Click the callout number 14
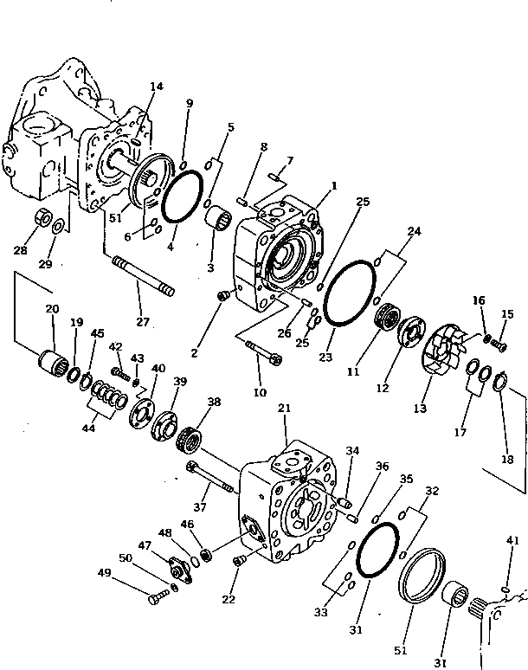[156, 87]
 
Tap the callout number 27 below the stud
[142, 322]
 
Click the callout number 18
[507, 460]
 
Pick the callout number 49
[103, 573]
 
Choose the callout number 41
[512, 542]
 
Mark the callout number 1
[333, 185]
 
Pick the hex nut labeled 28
[41, 218]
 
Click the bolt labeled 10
[263, 353]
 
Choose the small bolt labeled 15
[499, 346]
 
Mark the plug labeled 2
[222, 297]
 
